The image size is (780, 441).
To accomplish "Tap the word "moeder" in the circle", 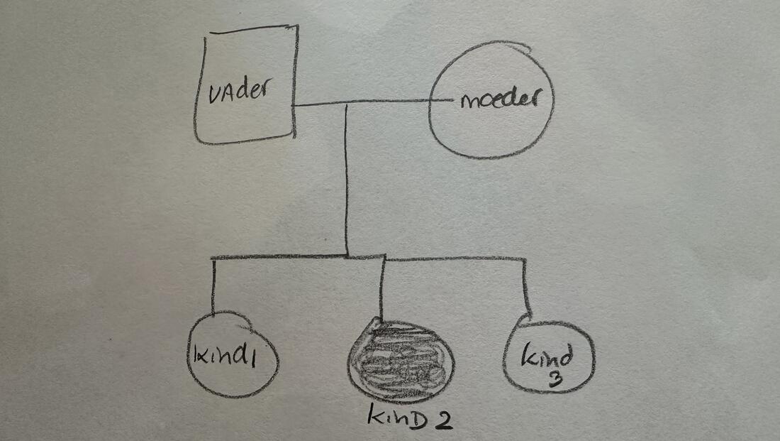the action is point(499,98).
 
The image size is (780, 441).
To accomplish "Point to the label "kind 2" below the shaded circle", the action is point(410,417).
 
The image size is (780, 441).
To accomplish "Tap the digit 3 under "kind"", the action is point(555,379).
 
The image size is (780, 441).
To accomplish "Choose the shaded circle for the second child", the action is point(401,361).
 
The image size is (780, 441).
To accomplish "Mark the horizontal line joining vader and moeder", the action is point(372,103).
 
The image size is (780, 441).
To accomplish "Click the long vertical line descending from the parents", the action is point(346,180).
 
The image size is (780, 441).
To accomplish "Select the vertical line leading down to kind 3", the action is point(525,288).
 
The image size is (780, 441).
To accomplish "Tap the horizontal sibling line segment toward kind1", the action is point(279,257).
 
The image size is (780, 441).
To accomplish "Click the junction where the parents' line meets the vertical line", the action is point(346,104).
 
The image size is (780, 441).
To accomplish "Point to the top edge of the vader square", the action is point(254,30).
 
